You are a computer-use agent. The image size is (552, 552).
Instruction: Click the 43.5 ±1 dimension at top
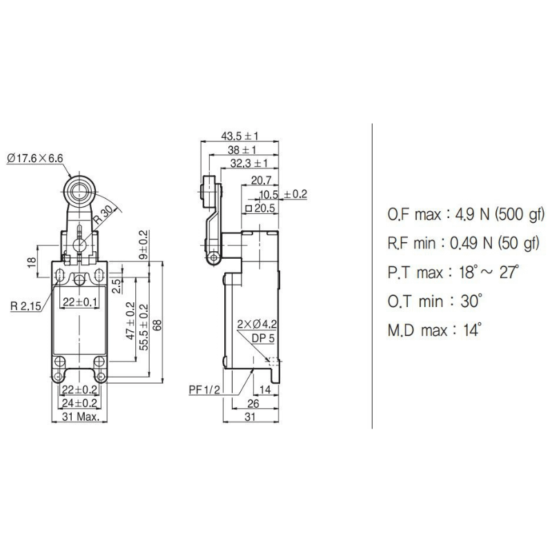(239, 136)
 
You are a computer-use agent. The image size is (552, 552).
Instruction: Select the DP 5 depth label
(262, 337)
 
